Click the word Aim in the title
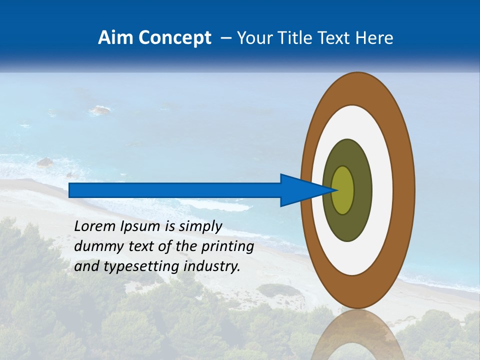[x=114, y=38]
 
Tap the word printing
[x=227, y=247]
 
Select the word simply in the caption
[x=200, y=226]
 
